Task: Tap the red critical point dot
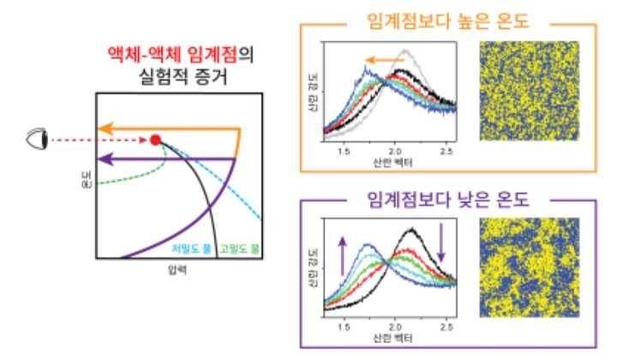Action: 154,139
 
